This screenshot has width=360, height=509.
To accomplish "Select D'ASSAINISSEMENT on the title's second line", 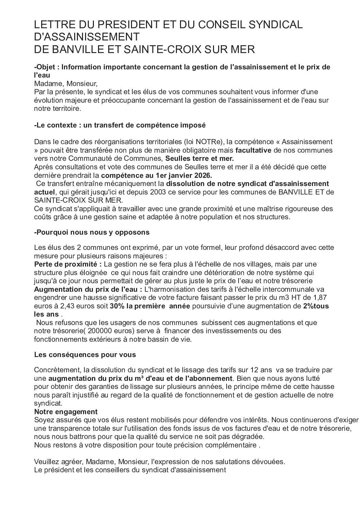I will pyautogui.click(x=87, y=37).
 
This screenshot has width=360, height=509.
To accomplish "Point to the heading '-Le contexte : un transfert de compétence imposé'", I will pyautogui.click(x=120, y=125).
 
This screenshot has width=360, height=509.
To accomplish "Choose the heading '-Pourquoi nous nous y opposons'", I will pyautogui.click(x=92, y=233).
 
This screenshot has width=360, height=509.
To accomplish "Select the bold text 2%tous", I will pyautogui.click(x=316, y=306).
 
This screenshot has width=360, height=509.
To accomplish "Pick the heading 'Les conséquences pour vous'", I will pyautogui.click(x=85, y=355).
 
